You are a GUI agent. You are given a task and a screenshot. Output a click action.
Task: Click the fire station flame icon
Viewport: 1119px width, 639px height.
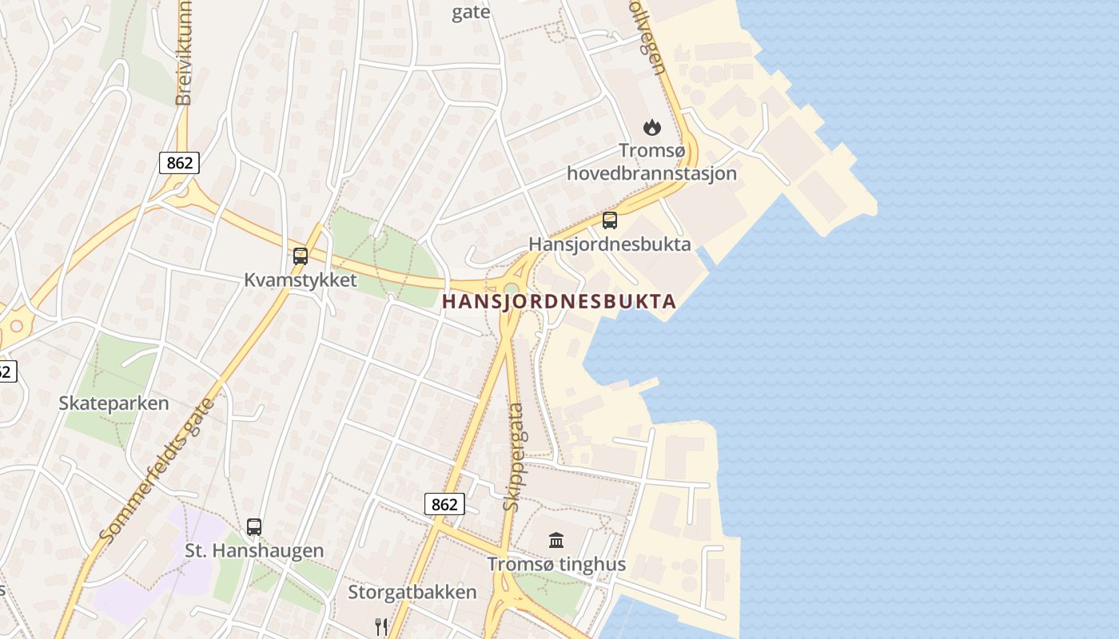[x=652, y=127]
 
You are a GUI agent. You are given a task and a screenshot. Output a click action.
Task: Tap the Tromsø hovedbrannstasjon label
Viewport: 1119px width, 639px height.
[x=651, y=161]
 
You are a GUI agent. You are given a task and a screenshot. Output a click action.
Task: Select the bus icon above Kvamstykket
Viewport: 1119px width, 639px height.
[x=301, y=256]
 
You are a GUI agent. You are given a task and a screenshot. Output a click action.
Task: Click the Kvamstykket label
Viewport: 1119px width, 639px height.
[x=301, y=280]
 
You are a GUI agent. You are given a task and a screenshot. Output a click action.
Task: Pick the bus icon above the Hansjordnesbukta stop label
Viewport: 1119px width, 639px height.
[x=610, y=220]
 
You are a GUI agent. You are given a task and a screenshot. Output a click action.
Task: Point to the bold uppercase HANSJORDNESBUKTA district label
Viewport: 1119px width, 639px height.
[x=559, y=301]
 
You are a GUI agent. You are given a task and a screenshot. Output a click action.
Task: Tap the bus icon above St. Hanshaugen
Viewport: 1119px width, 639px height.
[x=254, y=527]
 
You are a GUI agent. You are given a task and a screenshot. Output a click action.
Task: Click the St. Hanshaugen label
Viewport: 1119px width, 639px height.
[x=254, y=550]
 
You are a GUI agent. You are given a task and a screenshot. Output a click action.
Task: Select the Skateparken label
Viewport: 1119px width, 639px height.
[x=113, y=403]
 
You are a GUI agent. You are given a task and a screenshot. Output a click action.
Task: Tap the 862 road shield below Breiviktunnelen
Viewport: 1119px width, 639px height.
[x=179, y=163]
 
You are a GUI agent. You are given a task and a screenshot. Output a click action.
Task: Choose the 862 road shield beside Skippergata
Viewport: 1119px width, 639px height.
[x=444, y=504]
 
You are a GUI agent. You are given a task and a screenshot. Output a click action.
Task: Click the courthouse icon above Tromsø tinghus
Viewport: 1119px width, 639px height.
[x=556, y=541]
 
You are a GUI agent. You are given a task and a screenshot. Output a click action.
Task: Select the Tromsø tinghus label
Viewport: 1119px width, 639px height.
[x=556, y=565]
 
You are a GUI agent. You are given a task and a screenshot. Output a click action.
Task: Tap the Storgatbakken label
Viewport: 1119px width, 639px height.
[x=412, y=592]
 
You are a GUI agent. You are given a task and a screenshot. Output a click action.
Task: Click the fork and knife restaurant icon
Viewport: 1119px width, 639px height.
[x=381, y=625]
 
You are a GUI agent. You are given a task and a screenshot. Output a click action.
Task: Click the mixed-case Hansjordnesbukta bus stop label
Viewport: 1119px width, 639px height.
[x=610, y=244]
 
